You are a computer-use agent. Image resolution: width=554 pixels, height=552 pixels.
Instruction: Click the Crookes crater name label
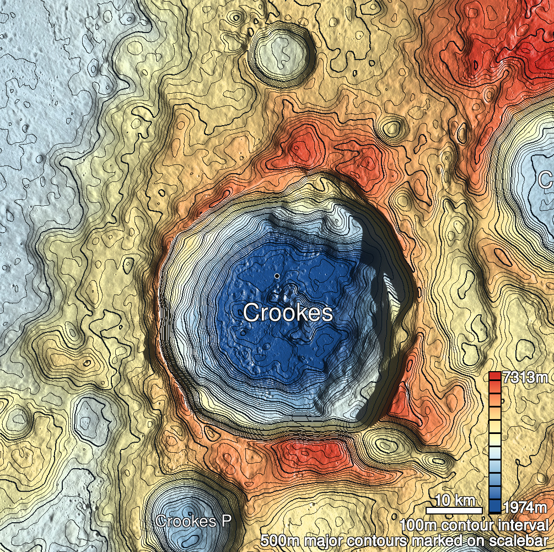[288, 313]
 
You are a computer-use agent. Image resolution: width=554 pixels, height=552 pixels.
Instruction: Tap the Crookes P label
[193, 521]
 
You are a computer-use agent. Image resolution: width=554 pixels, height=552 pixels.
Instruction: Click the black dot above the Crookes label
[277, 275]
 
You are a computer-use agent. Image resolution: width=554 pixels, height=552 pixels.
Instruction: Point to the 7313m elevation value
[526, 378]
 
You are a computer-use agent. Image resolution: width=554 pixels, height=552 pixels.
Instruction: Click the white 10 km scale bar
[455, 510]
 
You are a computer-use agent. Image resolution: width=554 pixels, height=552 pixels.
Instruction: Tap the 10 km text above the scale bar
[455, 501]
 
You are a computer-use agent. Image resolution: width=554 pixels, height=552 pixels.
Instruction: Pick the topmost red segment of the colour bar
[495, 377]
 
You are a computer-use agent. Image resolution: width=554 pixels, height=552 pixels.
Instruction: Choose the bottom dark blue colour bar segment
[495, 506]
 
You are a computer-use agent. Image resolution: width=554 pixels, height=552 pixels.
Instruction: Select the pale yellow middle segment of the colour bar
[495, 438]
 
